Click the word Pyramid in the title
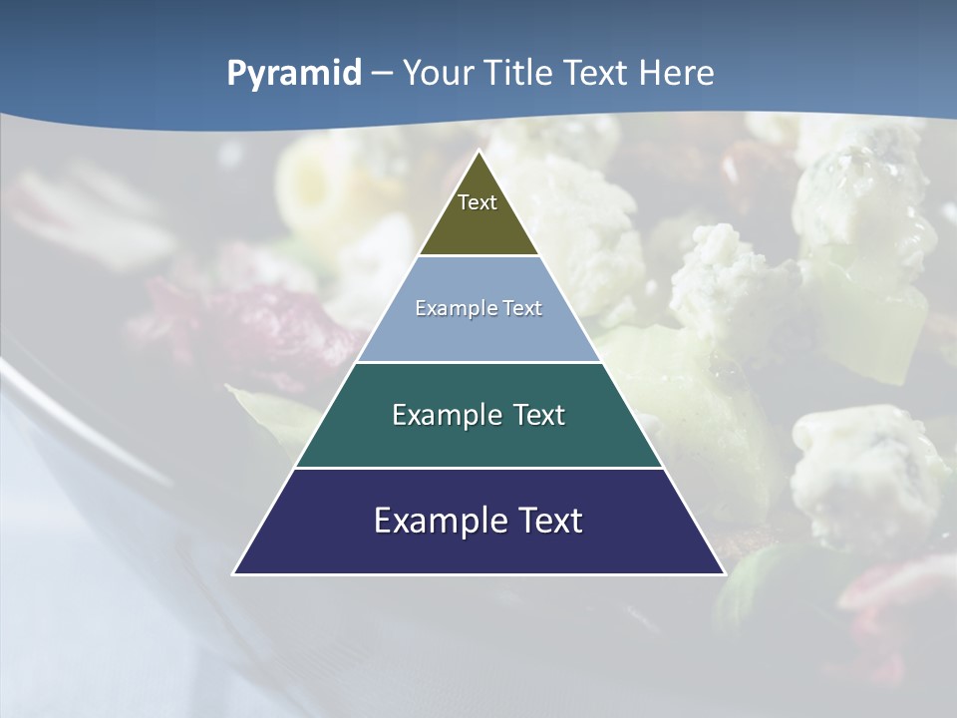point(294,74)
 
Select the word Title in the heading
point(520,73)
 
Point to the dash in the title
point(382,75)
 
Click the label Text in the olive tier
point(478,202)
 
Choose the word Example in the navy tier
point(437,521)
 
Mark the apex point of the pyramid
point(478,152)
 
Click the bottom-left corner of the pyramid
point(234,573)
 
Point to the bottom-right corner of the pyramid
point(724,573)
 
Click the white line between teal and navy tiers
point(478,468)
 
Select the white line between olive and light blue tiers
point(478,256)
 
